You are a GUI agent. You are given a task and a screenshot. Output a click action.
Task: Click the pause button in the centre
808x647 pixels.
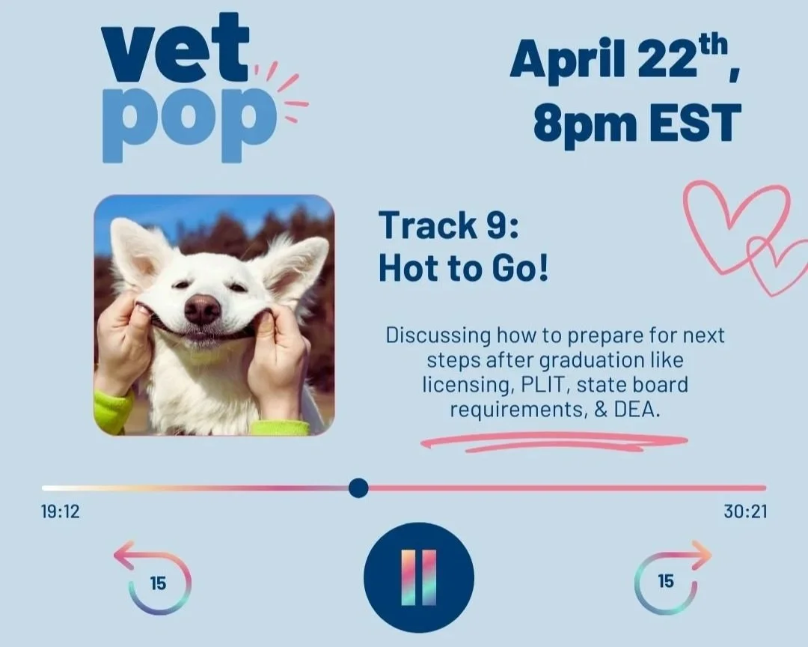(418, 577)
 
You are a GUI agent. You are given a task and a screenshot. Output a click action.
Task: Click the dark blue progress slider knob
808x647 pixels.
(358, 488)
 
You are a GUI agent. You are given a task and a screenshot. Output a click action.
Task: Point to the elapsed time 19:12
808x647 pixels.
(60, 513)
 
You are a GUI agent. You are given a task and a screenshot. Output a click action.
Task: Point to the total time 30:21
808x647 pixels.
(745, 513)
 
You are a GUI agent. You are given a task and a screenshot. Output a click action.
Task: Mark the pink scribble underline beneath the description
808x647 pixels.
(554, 442)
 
